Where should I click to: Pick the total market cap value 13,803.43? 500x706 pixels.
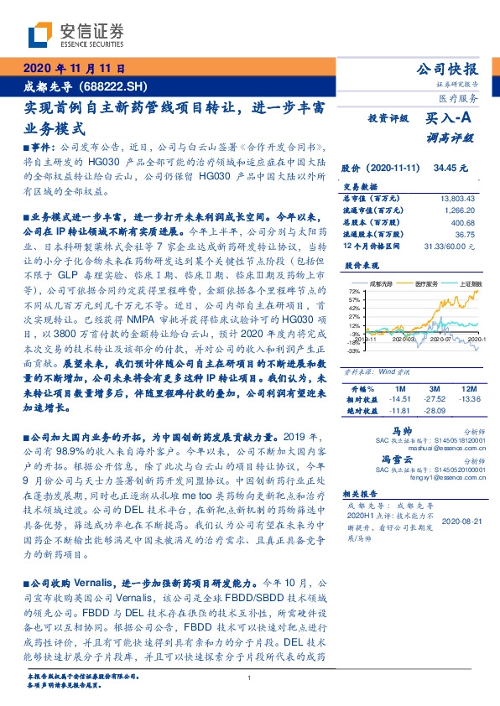pos(456,197)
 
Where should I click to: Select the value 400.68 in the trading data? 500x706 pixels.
pos(461,221)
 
